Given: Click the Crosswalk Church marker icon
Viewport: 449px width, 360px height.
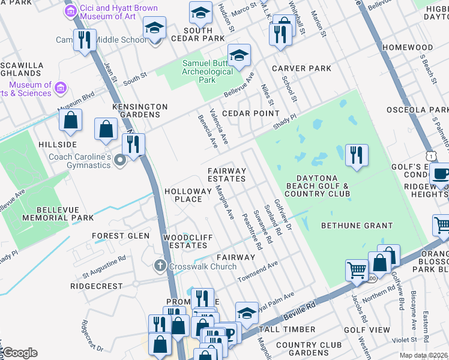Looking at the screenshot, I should pos(160,265).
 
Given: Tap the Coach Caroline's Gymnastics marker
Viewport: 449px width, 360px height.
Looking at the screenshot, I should pos(119,159).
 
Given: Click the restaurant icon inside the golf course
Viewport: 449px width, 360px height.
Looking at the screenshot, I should pos(357,155).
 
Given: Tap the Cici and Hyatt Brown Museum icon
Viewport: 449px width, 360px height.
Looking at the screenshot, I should pos(71,11).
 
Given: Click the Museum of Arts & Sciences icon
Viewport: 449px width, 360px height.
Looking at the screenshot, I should pos(60,89).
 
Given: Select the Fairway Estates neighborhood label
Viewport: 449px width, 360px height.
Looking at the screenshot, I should pos(227,175).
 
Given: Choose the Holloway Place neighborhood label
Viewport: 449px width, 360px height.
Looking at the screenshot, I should pos(188,195).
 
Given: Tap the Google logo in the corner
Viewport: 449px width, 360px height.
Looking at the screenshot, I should pos(19,353).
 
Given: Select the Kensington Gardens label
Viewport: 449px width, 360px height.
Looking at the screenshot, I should pos(140,110).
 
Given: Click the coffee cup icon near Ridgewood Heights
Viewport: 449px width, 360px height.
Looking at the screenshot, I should pos(441,173).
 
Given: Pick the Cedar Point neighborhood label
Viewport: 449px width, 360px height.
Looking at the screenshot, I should pos(251,113).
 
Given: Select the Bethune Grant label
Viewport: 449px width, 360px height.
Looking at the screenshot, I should pos(357,226).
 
